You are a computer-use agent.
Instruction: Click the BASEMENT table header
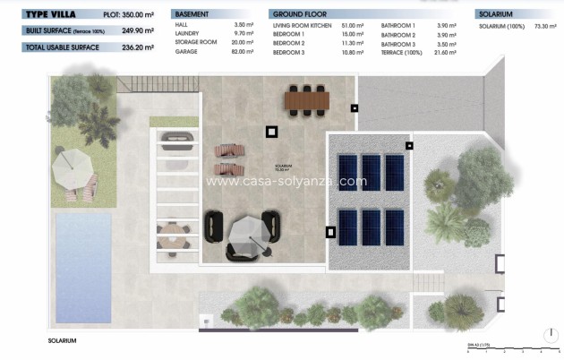click(193, 15)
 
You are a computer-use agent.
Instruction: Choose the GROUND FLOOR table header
click(299, 15)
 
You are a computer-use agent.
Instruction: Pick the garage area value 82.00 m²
click(244, 52)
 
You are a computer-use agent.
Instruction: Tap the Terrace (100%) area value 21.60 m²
click(445, 52)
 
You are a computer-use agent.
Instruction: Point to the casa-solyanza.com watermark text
click(286, 181)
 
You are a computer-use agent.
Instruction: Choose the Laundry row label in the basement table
click(187, 35)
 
